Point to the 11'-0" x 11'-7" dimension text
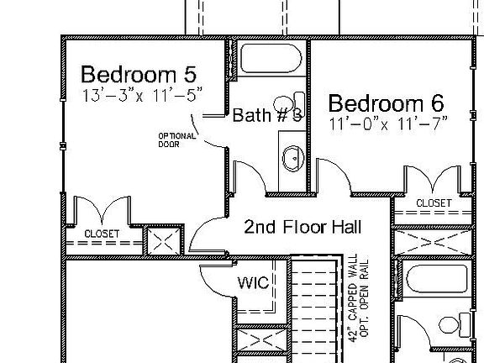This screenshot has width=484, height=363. coord(388,123)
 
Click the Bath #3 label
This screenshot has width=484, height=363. coord(266,115)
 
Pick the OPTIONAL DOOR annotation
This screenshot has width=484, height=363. coord(176,139)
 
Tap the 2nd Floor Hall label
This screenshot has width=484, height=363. coord(302,227)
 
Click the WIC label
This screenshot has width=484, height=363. coord(252,283)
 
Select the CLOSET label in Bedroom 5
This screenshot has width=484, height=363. coord(102,233)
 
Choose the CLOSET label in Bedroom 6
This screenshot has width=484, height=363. coord(434,203)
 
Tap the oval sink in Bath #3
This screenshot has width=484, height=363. coord(292,157)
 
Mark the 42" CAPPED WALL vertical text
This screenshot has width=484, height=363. coord(353,298)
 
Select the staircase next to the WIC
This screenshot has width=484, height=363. coord(315,311)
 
